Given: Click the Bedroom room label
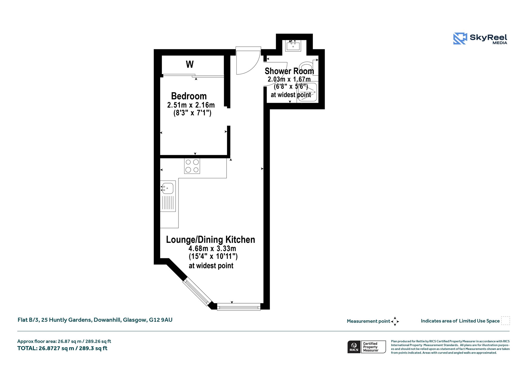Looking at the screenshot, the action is tap(189, 96).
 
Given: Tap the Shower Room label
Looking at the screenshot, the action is tap(289, 71).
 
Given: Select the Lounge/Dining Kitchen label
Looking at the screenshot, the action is tap(211, 240).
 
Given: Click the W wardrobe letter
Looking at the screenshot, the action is tap(190, 64).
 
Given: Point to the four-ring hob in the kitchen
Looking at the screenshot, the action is tap(192, 166).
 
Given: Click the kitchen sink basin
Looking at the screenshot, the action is tap(168, 188).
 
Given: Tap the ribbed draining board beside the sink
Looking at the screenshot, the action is tap(168, 203).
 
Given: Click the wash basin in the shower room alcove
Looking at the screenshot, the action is tap(293, 46).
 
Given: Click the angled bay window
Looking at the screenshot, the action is tap(197, 292).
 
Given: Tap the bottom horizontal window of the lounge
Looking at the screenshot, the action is tap(239, 307).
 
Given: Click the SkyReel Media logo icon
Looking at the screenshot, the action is tap(460, 38).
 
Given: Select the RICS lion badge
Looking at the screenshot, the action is tap(354, 347).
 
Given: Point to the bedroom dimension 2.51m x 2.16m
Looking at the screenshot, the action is tap(191, 105).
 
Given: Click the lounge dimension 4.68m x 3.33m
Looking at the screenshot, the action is tap(212, 248).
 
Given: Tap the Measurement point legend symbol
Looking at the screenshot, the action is tap(395, 321).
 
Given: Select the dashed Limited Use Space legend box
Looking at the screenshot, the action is tap(505, 321).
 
